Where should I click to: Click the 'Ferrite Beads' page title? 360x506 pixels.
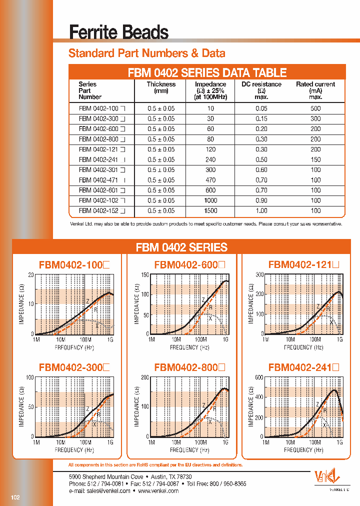pyautogui.click(x=118, y=32)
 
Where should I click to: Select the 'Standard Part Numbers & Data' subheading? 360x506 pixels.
pyautogui.click(x=146, y=53)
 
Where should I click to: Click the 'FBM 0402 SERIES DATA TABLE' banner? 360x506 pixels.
pyautogui.click(x=206, y=72)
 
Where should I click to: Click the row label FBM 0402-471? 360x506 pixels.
pyautogui.click(x=99, y=180)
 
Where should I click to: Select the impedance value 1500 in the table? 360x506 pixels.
pyautogui.click(x=210, y=210)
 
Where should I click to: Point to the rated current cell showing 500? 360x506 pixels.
pyautogui.click(x=315, y=109)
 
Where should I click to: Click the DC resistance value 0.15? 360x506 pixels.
pyautogui.click(x=261, y=119)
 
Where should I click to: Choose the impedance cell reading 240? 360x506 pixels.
pyautogui.click(x=210, y=160)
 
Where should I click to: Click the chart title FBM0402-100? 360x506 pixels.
pyautogui.click(x=73, y=265)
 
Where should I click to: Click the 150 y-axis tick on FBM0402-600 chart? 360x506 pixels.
pyautogui.click(x=145, y=275)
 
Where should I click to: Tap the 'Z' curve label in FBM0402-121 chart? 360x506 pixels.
pyautogui.click(x=317, y=306)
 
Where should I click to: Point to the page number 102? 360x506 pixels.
pyautogui.click(x=15, y=497)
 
